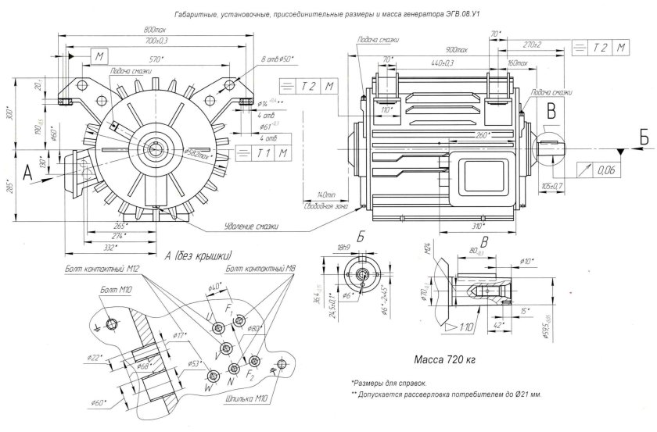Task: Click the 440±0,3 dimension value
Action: [443, 62]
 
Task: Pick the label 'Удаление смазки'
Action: [253, 226]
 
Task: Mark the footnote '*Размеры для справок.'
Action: [390, 384]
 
